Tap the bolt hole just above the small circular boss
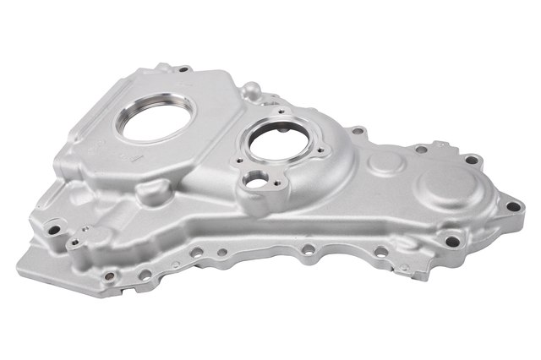[x=360, y=132]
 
